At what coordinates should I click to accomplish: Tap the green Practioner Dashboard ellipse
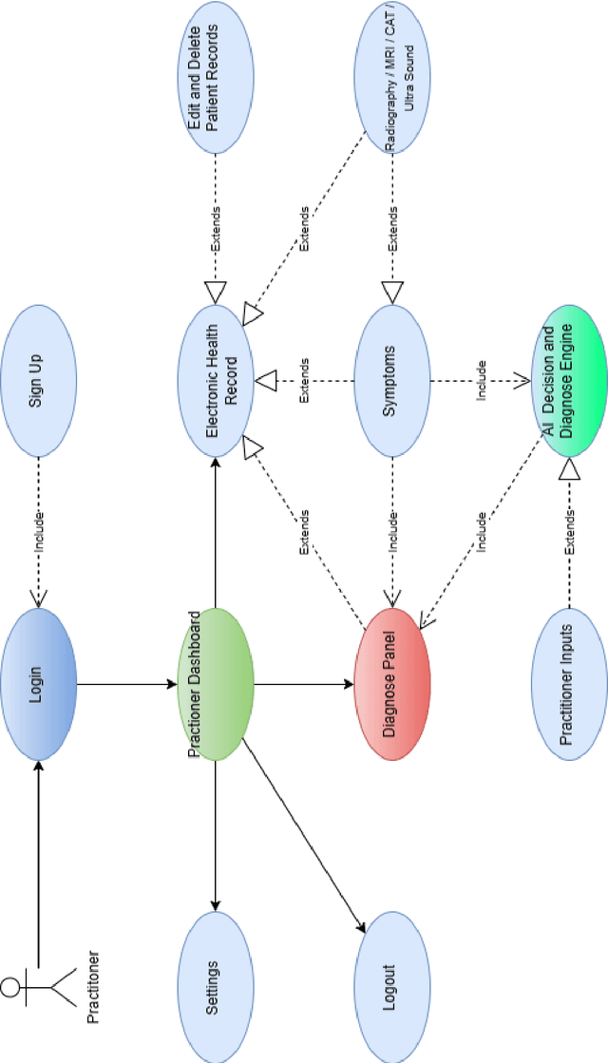pyautogui.click(x=216, y=684)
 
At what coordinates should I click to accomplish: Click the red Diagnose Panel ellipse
pyautogui.click(x=392, y=684)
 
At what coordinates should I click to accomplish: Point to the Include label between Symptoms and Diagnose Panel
pyautogui.click(x=392, y=532)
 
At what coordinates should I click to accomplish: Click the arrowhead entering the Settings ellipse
pyautogui.click(x=216, y=905)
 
